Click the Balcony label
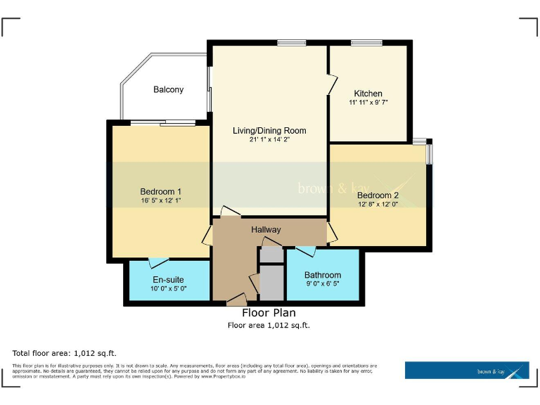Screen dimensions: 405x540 (169, 89)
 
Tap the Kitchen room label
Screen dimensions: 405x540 (368, 94)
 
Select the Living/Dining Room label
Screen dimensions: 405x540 (269, 131)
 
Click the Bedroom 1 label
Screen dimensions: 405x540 (161, 192)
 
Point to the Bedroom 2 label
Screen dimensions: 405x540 (378, 195)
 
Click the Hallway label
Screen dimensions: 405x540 (266, 230)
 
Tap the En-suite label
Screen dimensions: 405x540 (169, 280)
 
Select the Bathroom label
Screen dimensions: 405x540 (323, 275)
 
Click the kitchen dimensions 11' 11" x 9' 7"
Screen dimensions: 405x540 (368, 103)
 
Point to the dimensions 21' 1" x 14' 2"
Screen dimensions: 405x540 (269, 140)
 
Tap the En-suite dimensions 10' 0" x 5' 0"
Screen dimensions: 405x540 (169, 288)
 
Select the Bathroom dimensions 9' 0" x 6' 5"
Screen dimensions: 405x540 (323, 283)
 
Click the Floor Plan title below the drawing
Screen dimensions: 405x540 (269, 313)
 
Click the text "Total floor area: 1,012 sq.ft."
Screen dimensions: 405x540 (64, 352)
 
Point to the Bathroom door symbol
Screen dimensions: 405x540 (304, 250)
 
